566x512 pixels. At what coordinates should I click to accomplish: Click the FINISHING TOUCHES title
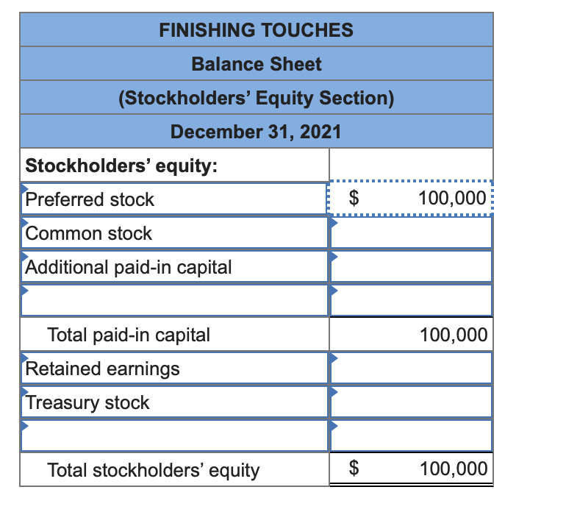click(256, 30)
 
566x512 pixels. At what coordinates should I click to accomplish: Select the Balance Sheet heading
click(256, 64)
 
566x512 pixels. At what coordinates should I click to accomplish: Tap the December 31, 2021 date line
click(256, 132)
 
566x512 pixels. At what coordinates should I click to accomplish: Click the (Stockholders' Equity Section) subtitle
click(256, 98)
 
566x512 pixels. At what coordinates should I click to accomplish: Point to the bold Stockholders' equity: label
click(121, 166)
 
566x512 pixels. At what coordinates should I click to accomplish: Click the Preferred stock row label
click(90, 199)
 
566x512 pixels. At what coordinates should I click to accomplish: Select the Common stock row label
click(88, 233)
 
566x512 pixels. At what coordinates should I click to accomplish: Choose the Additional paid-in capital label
click(129, 267)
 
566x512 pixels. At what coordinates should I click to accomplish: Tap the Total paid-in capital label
click(129, 335)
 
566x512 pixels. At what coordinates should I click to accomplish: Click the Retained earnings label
click(102, 369)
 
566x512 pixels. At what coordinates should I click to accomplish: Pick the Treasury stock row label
click(87, 402)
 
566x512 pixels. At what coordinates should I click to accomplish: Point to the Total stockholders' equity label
click(153, 470)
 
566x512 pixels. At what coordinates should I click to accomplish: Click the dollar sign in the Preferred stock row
click(354, 199)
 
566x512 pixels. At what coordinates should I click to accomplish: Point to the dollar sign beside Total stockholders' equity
click(354, 469)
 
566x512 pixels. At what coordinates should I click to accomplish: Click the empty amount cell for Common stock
click(410, 233)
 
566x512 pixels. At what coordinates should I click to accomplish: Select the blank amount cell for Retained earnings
click(410, 369)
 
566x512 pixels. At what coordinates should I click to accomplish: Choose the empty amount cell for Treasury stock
click(410, 402)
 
